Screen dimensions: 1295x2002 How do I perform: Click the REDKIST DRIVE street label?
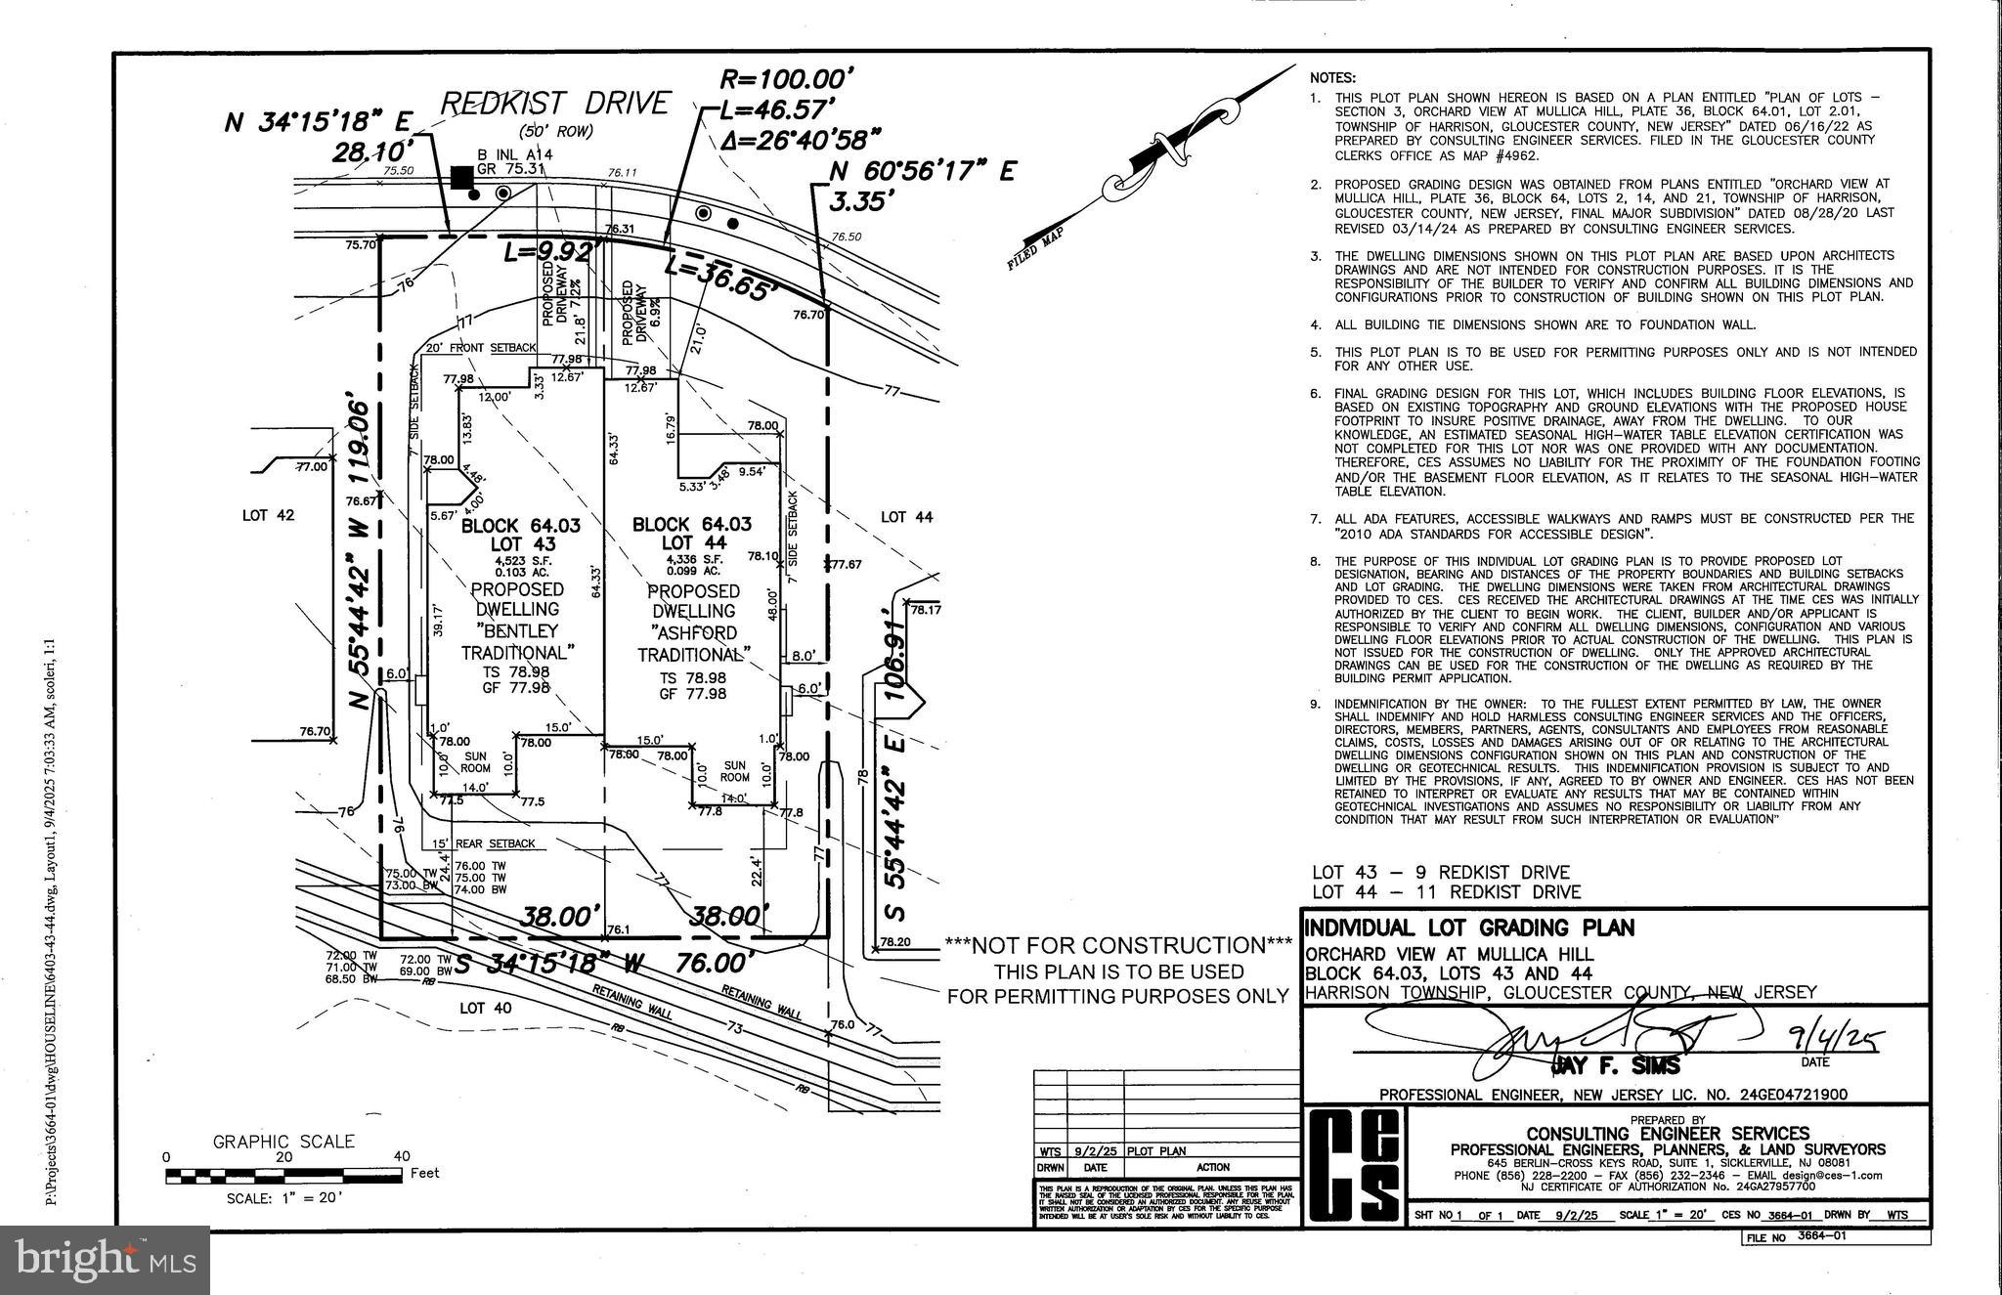(x=556, y=103)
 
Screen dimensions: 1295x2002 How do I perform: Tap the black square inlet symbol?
(x=461, y=177)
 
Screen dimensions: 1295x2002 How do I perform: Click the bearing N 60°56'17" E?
(x=922, y=172)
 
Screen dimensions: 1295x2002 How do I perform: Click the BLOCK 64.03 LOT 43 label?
(x=520, y=534)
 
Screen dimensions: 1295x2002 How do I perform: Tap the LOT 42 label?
(x=268, y=515)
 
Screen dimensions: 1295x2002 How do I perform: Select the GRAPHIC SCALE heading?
(x=283, y=1142)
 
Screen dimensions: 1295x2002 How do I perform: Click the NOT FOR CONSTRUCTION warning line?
(x=1118, y=945)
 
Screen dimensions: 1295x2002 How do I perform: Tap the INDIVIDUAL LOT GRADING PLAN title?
(x=1469, y=928)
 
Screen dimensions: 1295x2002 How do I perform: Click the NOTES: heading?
(x=1333, y=77)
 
